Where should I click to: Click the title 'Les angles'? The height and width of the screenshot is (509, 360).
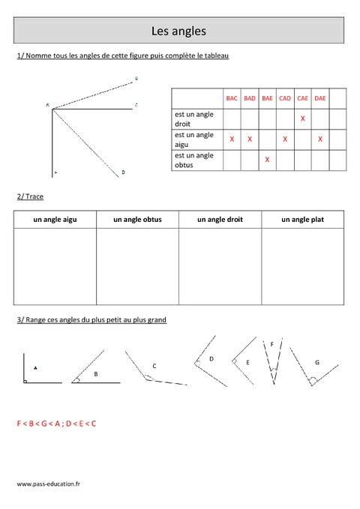178,31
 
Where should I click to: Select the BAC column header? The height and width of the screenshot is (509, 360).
232,98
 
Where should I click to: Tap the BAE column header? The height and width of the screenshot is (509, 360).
267,98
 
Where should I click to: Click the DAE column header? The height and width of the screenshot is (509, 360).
320,98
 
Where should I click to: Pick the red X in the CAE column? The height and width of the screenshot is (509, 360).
302,118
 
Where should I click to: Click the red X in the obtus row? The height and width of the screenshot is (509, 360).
267,160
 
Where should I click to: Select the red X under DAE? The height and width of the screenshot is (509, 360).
320,139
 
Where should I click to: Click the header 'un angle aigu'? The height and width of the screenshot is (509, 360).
55,220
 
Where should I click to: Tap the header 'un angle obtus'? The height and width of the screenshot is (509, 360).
137,220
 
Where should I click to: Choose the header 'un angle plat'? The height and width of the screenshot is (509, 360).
302,220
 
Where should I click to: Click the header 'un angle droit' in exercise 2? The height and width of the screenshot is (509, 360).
220,220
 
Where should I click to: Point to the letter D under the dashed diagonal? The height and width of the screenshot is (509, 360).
123,172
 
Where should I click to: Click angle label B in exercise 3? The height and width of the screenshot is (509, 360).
95,373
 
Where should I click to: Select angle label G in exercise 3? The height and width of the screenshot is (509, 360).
317,362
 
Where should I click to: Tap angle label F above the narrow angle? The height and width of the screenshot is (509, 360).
271,344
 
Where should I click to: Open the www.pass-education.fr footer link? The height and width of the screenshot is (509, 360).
48,484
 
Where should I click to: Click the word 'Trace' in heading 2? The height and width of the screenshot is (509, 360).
34,196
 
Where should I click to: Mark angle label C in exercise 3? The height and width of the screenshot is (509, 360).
154,366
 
